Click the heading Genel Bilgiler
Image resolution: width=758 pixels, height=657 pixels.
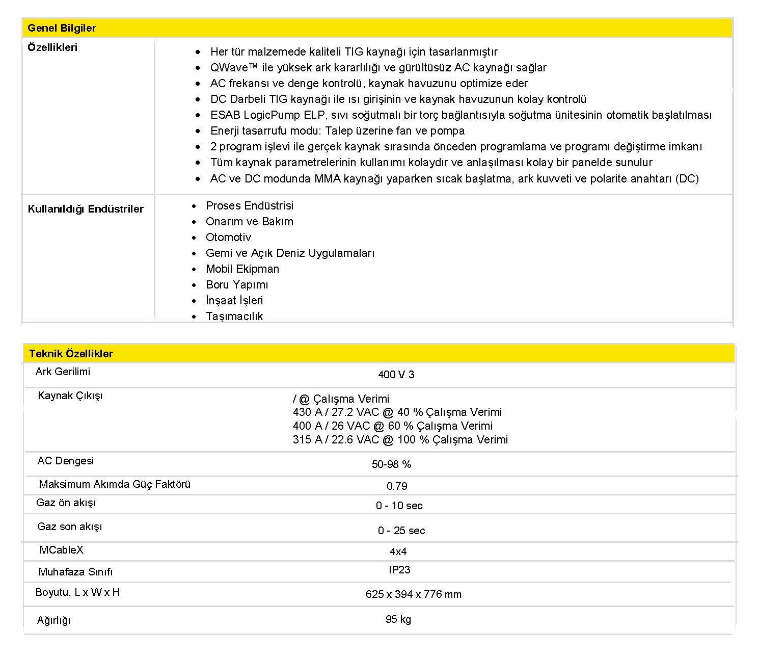click(x=62, y=28)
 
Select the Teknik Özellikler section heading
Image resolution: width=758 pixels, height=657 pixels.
click(x=71, y=354)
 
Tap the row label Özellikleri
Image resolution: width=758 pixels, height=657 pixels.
click(x=52, y=47)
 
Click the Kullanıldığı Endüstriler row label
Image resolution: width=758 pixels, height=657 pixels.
click(x=86, y=209)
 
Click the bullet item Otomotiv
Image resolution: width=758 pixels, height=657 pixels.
click(x=228, y=238)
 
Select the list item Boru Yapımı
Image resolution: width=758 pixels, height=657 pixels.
click(x=236, y=285)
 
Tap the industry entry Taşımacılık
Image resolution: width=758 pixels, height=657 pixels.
click(x=234, y=317)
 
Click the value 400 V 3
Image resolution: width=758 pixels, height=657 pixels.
click(x=396, y=375)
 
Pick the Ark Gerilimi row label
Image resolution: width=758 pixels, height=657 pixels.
click(x=63, y=372)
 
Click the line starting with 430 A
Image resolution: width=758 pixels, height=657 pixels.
click(x=397, y=412)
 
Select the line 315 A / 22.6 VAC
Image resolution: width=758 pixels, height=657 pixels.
click(x=400, y=440)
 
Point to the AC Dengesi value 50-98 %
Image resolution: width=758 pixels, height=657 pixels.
click(x=391, y=464)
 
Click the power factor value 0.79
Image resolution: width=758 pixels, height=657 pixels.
click(x=397, y=486)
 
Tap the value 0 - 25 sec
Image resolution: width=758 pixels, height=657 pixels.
click(x=401, y=531)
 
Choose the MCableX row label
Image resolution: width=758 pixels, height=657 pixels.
click(x=61, y=550)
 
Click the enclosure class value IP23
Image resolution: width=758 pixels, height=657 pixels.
click(x=399, y=570)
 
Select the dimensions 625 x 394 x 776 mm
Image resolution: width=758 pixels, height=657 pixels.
click(x=413, y=594)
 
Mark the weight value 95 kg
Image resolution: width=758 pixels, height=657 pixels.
click(x=398, y=619)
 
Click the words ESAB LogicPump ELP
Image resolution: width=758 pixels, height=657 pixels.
click(x=267, y=115)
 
